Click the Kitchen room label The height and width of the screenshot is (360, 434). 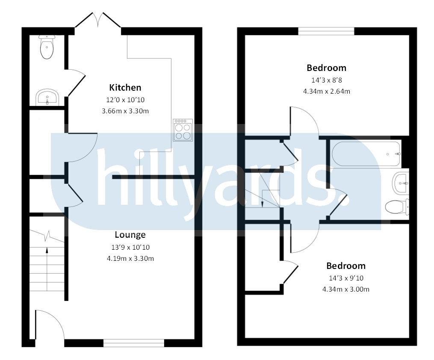(x=125, y=88)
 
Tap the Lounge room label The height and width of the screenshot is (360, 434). (x=130, y=235)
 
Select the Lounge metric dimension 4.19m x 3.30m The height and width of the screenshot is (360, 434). (x=130, y=258)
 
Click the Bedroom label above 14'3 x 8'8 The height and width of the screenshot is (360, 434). (x=326, y=68)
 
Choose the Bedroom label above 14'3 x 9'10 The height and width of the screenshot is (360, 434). (x=346, y=266)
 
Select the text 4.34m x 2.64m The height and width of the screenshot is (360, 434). (x=326, y=91)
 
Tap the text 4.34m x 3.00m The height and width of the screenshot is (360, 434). (x=346, y=289)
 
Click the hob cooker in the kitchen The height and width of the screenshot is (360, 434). (x=183, y=130)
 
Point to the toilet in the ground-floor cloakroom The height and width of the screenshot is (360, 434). (x=47, y=47)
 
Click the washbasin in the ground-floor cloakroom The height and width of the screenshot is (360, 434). (x=47, y=97)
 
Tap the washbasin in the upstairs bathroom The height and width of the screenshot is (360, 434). (x=401, y=183)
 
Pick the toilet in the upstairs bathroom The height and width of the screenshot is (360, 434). (x=397, y=207)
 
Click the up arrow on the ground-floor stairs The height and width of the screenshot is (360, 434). (x=47, y=252)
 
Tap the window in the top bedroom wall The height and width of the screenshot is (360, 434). (x=326, y=31)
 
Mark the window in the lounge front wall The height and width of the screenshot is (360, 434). (x=133, y=342)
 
